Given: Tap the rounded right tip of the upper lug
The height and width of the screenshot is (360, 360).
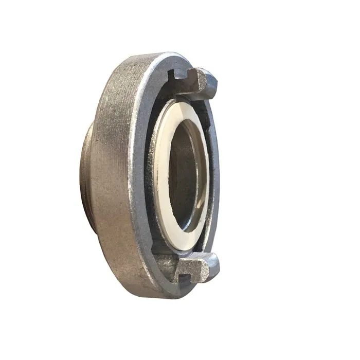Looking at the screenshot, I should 215,81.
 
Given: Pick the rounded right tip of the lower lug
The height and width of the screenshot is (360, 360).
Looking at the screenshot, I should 216,265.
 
